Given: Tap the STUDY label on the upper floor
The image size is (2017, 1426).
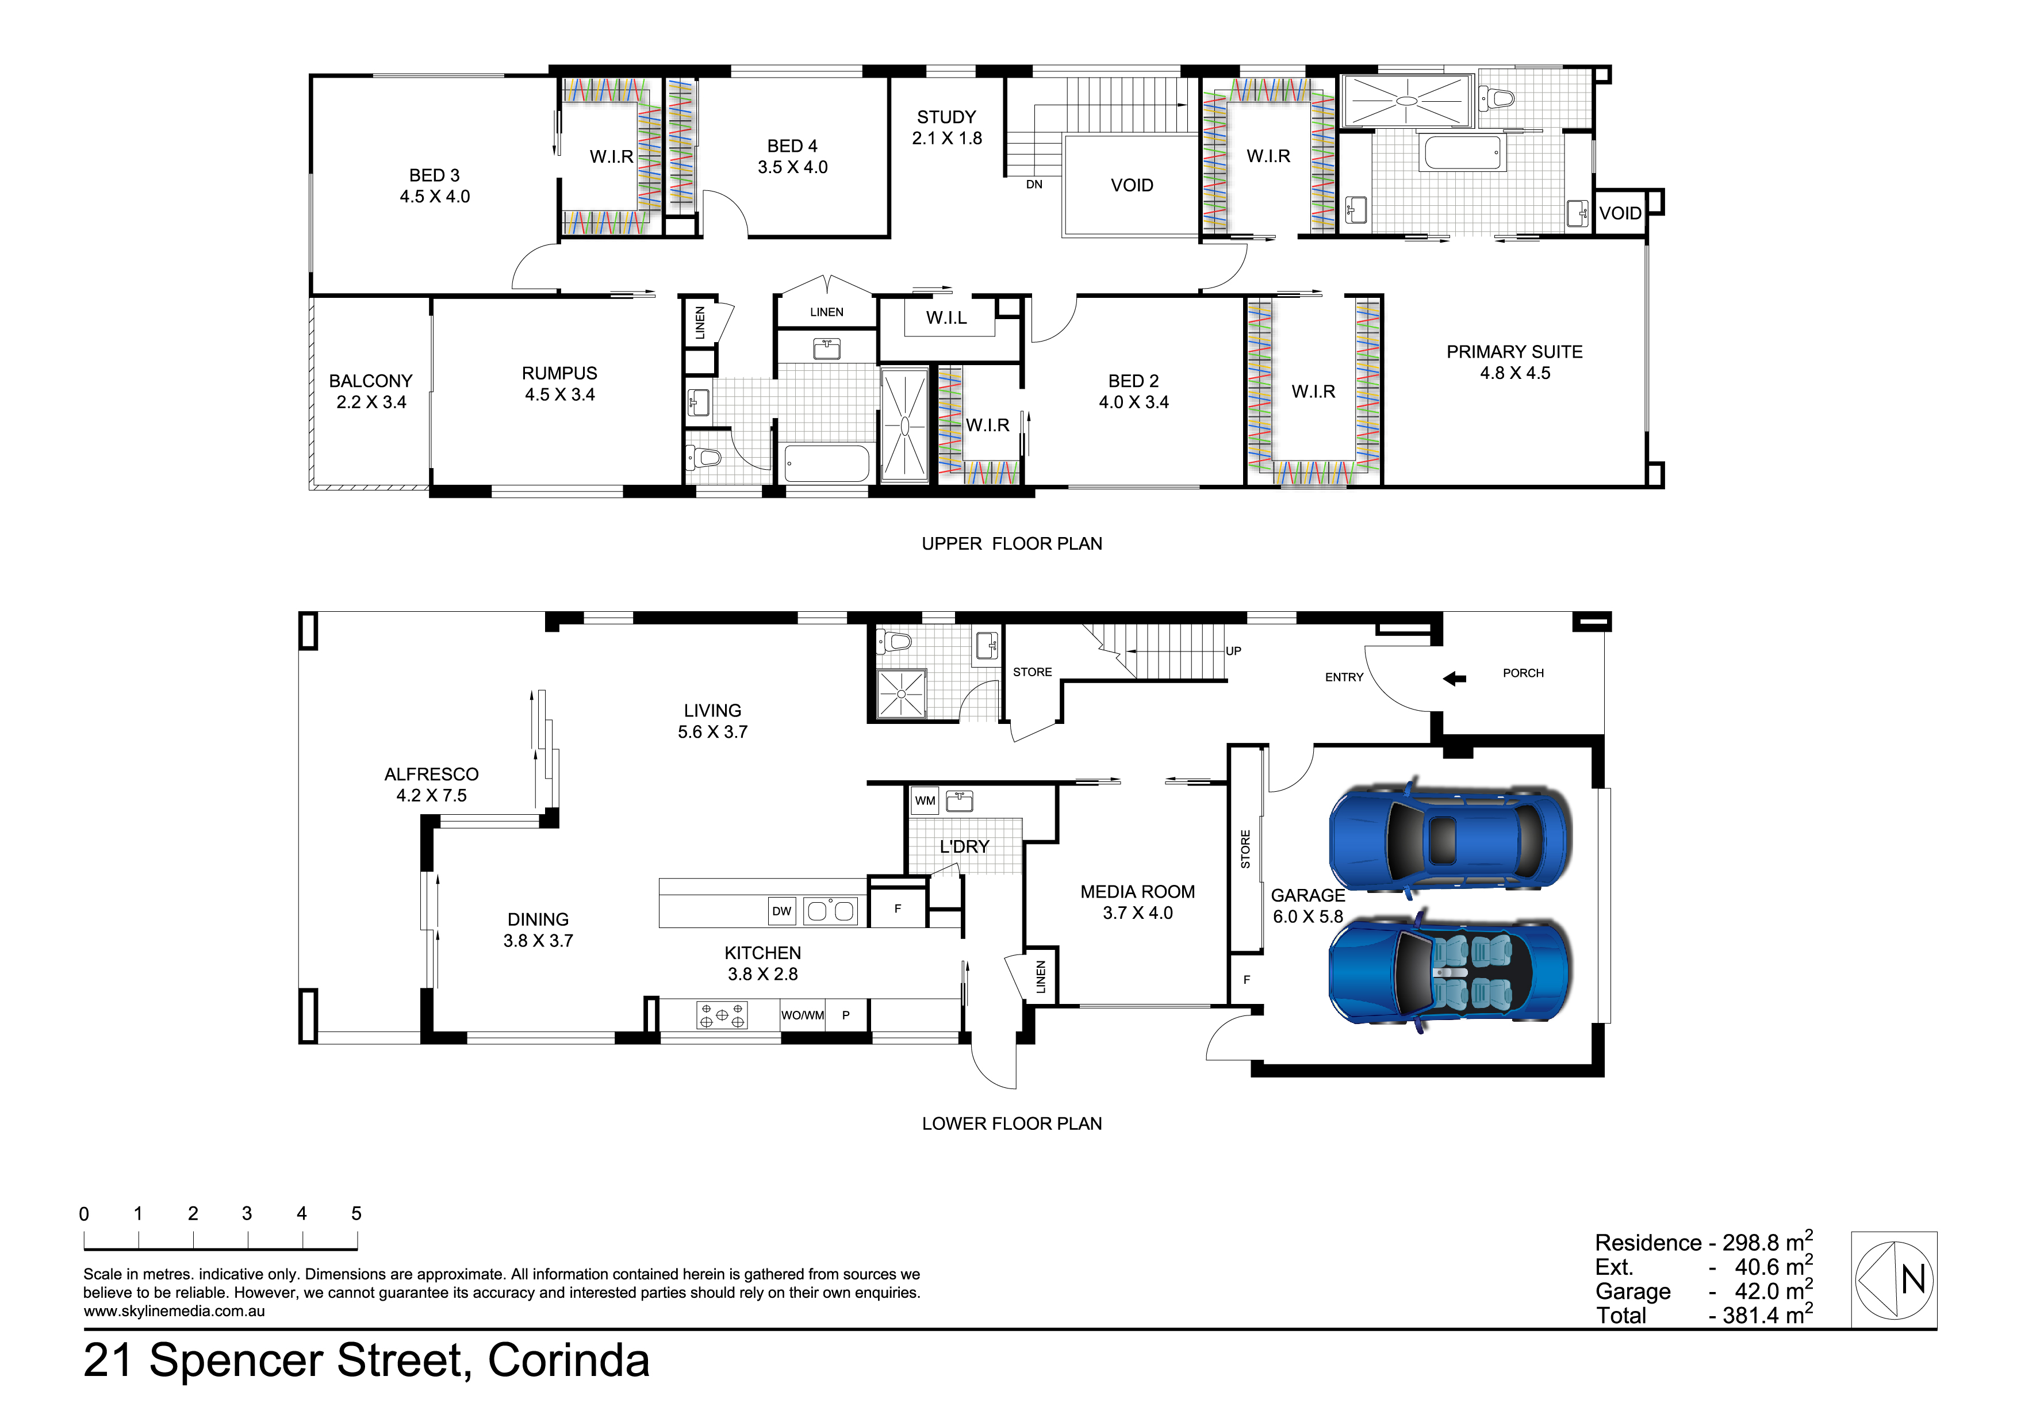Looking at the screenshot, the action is tap(946, 117).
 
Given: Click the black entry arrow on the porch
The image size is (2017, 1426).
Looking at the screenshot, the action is tap(1455, 678).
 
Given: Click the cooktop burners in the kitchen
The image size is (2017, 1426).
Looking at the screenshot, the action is tap(722, 1015).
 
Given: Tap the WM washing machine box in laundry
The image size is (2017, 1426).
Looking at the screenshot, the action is tap(925, 800).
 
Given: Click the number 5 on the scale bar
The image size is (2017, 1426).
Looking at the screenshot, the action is tap(356, 1213).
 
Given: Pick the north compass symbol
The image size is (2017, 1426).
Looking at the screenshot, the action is tap(1894, 1279).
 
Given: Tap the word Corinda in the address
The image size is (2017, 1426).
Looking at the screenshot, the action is tap(569, 1360).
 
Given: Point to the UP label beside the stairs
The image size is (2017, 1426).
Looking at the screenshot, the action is tap(1233, 651).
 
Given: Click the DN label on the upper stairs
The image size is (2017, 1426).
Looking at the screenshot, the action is tap(1034, 185).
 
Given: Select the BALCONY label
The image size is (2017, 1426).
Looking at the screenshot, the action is tap(371, 381).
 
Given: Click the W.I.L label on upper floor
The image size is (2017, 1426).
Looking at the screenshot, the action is tap(946, 318).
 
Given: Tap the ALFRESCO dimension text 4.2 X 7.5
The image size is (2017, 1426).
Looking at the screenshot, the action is tap(431, 795).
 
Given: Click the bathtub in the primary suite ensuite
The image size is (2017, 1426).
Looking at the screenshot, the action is tap(1463, 152).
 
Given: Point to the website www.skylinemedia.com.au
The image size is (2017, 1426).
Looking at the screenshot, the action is tap(174, 1312).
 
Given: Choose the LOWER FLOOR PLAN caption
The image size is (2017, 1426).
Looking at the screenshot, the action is tap(1012, 1124).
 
